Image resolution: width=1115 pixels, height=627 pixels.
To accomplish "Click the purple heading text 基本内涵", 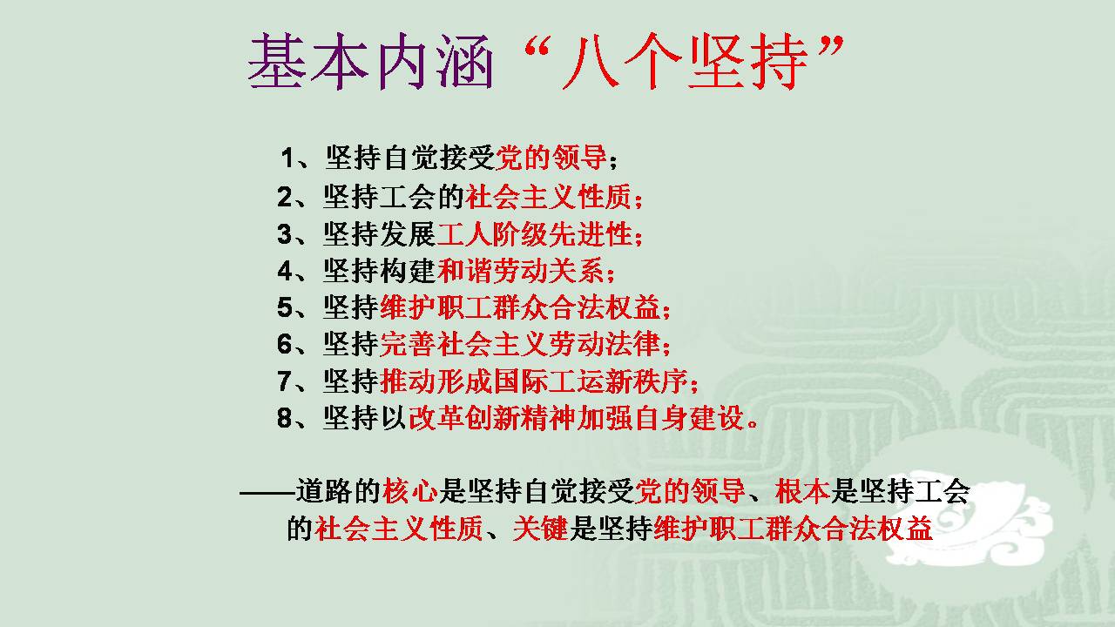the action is [x=370, y=62].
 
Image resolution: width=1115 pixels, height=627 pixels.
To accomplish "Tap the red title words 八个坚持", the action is [x=685, y=62].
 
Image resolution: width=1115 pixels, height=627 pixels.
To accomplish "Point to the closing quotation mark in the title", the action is [x=829, y=46].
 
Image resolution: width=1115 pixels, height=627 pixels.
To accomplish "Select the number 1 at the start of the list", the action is [x=288, y=158].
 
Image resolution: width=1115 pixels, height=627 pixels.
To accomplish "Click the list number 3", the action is [x=285, y=234].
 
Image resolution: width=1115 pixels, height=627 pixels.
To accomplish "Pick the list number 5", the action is [x=285, y=307].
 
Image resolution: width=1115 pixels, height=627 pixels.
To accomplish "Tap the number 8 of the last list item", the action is [x=285, y=417].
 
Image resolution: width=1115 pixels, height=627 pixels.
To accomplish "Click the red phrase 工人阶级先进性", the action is [x=534, y=234].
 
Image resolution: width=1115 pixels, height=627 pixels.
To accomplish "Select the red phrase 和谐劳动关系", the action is [x=521, y=271].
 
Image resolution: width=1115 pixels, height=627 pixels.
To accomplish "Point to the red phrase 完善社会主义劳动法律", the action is [x=520, y=344].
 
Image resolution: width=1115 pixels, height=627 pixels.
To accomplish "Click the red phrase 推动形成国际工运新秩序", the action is [x=534, y=381].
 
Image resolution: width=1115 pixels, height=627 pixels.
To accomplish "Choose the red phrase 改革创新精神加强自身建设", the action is [x=577, y=418].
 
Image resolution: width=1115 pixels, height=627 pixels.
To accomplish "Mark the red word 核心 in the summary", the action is [x=410, y=491].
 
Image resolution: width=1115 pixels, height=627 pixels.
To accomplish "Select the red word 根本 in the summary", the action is [x=802, y=491].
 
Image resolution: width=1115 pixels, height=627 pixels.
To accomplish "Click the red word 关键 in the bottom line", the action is [x=541, y=528].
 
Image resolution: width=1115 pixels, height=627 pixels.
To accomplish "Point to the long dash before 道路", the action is [x=267, y=493].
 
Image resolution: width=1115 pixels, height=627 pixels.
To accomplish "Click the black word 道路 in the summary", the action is [x=325, y=491].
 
